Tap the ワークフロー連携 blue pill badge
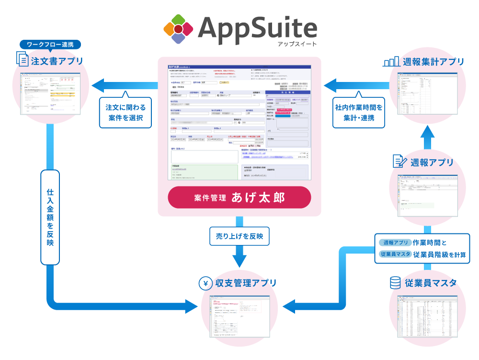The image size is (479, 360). tap(50, 45)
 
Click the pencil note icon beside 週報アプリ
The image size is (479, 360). tap(399, 162)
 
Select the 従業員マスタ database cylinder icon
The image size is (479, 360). tap(395, 283)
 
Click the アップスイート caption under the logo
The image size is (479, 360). tap(297, 44)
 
